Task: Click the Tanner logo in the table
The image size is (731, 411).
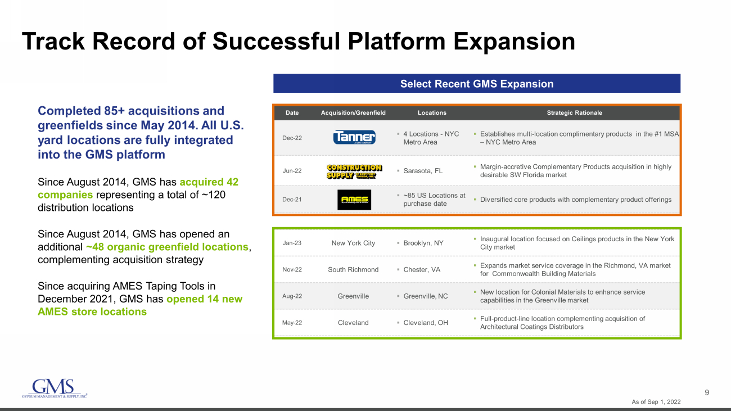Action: pos(354,137)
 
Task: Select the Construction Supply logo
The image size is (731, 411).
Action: pos(354,171)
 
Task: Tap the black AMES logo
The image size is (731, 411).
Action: pos(354,200)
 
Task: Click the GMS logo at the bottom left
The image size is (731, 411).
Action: pos(55,389)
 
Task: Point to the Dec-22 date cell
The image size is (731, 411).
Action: pos(292,138)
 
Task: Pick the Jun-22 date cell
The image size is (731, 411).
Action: pos(292,170)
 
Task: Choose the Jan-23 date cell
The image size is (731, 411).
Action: pos(292,243)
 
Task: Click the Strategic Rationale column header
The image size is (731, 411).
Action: pos(574,112)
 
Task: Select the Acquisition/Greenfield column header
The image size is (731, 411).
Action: pos(353,112)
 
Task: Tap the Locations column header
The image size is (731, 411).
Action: pos(432,112)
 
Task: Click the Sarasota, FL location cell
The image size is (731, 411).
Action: pos(423,171)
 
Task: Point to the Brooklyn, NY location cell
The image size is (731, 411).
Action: pos(423,243)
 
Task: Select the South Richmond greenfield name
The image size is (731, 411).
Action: pos(353,269)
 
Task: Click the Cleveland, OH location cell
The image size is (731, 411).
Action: pos(426,323)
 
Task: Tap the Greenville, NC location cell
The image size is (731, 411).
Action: pos(426,296)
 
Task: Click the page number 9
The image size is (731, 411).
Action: pos(707,392)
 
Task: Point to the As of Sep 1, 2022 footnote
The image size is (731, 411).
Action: pos(656,402)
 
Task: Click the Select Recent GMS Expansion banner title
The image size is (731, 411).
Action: pos(477,84)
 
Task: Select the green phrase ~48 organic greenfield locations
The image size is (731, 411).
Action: pos(167,247)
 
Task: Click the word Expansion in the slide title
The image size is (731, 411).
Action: pos(514,42)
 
